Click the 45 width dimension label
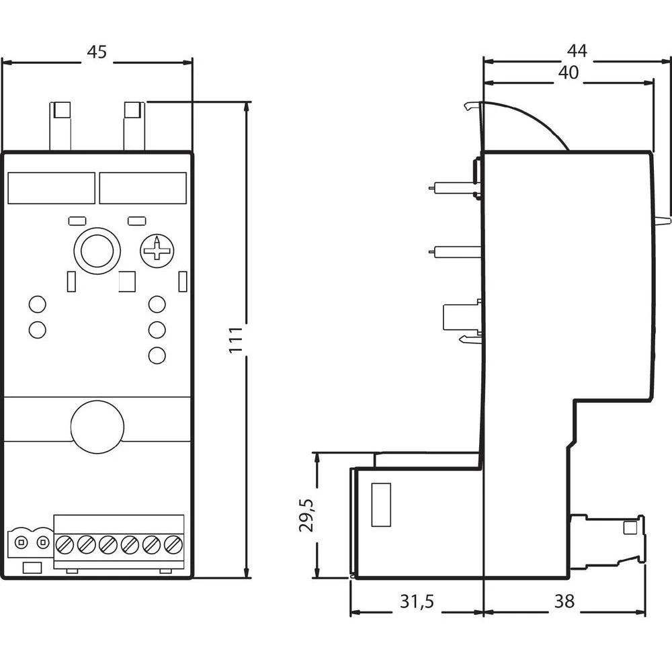pos(97,52)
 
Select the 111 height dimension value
pos(235,341)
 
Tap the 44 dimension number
pos(576,50)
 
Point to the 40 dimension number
pos(568,73)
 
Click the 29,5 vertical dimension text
pos(306,515)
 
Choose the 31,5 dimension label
pos(417,602)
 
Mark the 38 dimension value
pos(565,602)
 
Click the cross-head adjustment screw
pos(157,251)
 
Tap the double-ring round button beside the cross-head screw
pos(97,251)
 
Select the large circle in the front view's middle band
pos(97,426)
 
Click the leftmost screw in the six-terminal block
pos(65,544)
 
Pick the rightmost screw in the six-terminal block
pos(173,544)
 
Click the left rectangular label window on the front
pos(51,188)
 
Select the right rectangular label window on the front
pos(143,188)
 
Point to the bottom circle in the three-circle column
pos(157,355)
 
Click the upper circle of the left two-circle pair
pos(38,304)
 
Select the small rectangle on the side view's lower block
pos(381,505)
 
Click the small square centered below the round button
pos(126,282)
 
